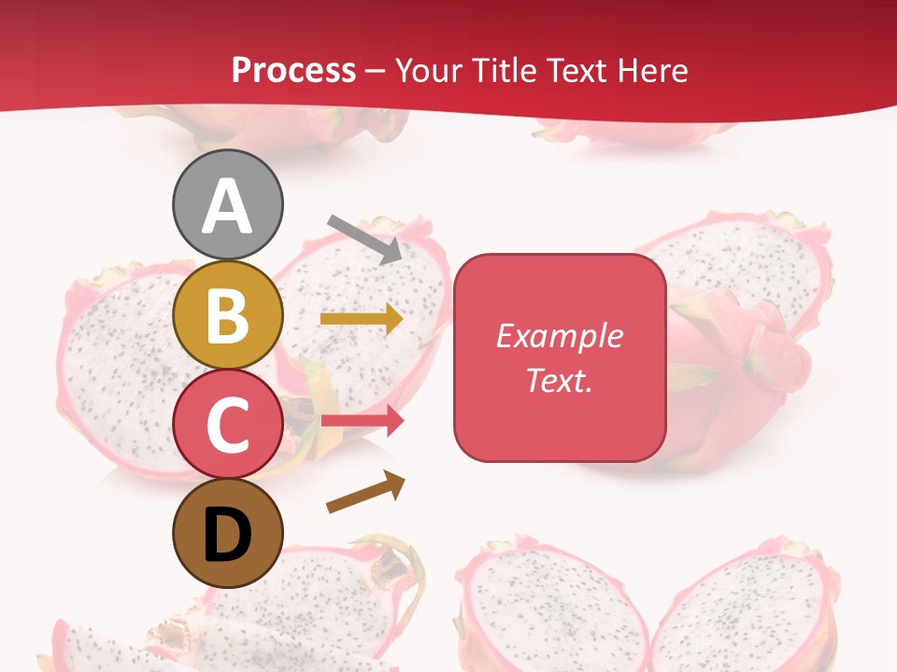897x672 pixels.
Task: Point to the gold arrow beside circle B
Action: tap(362, 319)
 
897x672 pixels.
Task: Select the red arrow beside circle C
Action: tap(362, 421)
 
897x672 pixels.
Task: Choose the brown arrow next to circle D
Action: tap(366, 492)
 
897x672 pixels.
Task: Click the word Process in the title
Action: tap(293, 71)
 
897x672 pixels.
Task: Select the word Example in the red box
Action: tap(559, 336)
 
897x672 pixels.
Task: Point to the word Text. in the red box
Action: tap(559, 380)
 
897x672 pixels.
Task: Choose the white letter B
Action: tap(227, 315)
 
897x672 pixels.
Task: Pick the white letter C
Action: tap(227, 426)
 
